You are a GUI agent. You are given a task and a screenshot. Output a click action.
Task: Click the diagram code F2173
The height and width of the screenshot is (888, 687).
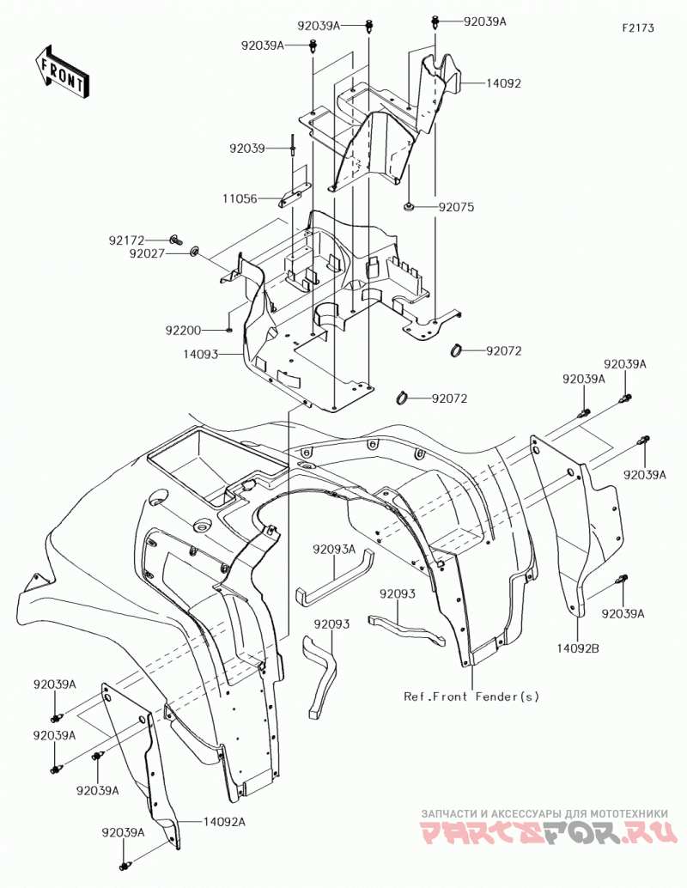(x=638, y=27)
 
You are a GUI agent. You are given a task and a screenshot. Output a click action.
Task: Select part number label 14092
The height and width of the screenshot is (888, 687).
(x=503, y=83)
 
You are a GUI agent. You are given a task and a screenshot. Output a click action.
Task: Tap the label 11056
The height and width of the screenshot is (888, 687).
(x=240, y=198)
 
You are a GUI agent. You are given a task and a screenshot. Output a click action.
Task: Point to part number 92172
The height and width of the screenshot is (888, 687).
(x=127, y=240)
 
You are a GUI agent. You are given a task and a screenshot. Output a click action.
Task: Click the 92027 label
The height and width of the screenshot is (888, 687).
(x=147, y=253)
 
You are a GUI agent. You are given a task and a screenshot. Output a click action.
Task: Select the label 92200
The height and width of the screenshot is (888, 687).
(x=183, y=330)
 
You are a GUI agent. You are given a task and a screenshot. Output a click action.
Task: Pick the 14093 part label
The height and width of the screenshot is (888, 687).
(x=200, y=355)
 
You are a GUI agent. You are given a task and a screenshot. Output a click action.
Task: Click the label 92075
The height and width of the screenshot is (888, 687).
(x=456, y=207)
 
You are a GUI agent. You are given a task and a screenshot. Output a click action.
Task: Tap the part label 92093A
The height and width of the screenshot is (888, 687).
(x=334, y=549)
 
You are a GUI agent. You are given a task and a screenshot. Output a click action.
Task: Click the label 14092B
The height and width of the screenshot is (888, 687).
(x=577, y=649)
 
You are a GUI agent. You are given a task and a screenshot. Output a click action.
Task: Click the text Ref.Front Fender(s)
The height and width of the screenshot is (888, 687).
(x=471, y=696)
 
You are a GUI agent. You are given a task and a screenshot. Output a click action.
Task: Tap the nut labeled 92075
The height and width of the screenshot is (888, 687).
(x=407, y=207)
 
